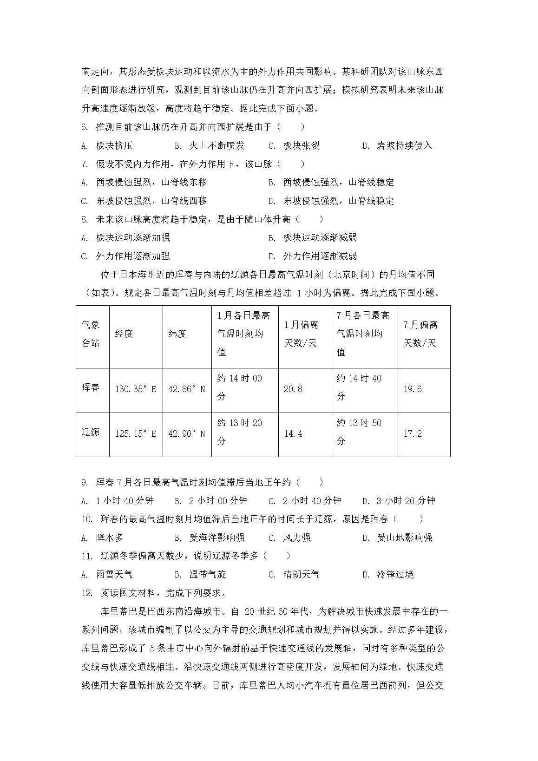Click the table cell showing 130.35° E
[x=136, y=389]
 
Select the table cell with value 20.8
[x=293, y=389]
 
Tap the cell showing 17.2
[x=413, y=434]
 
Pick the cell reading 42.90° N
[x=187, y=434]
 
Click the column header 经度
[x=124, y=334]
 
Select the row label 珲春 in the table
[x=91, y=388]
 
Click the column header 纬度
[x=177, y=334]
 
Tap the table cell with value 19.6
[x=413, y=389]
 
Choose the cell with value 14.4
[x=293, y=434]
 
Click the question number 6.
[x=85, y=127]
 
